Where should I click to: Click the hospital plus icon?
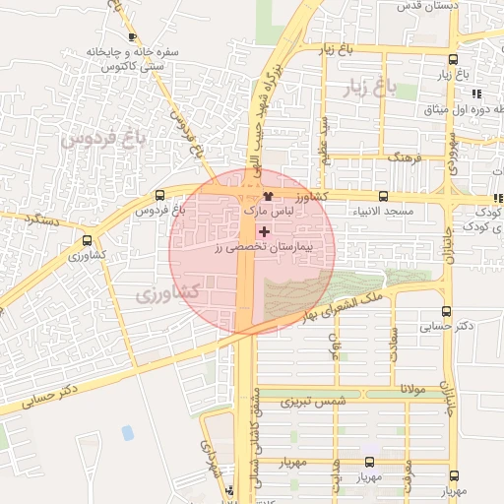[x=263, y=230]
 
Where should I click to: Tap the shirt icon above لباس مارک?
[x=267, y=196]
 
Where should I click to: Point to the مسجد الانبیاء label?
[x=383, y=212]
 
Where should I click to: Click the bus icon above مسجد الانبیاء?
[x=383, y=195]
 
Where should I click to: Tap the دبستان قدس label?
[x=427, y=6]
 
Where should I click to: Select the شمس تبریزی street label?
[x=313, y=402]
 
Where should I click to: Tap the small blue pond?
[x=128, y=432]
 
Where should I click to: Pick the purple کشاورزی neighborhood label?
[x=167, y=293]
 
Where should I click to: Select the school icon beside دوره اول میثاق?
[x=477, y=94]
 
